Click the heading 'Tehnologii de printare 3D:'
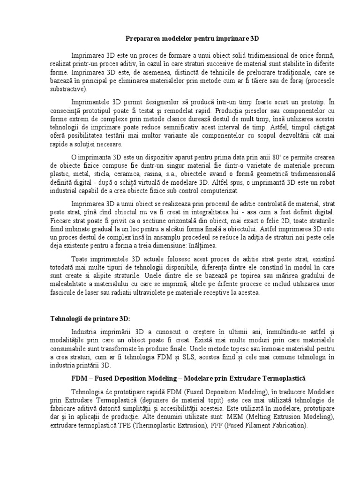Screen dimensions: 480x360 tap(90, 319)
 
